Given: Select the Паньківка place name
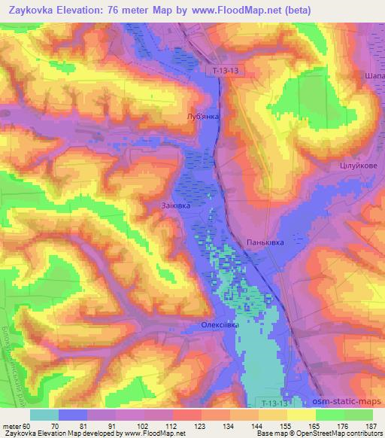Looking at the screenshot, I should coord(265,242).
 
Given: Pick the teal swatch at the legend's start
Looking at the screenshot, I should coord(44,414).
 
